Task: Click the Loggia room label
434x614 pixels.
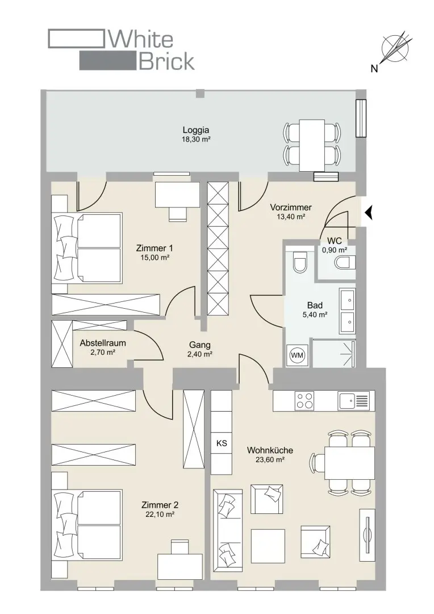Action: tap(195, 130)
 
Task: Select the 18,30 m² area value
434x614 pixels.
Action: tap(196, 139)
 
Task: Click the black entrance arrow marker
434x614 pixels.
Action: tap(368, 213)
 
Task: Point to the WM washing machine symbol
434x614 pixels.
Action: tap(297, 355)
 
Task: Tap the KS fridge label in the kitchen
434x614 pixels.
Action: tap(222, 443)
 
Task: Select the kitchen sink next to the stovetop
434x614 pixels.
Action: tap(354, 401)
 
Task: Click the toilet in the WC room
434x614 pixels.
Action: tap(345, 262)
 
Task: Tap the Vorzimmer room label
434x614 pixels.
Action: tap(291, 208)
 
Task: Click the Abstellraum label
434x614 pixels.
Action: tap(102, 343)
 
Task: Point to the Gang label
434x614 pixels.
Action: tap(199, 345)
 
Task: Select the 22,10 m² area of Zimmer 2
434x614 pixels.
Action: tap(160, 515)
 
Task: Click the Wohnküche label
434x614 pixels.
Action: tap(270, 450)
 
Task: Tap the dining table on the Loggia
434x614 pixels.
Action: tap(312, 146)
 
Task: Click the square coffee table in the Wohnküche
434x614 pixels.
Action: tap(268, 546)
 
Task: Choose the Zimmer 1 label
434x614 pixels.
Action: tap(154, 248)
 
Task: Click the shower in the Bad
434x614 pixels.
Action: tap(334, 353)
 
